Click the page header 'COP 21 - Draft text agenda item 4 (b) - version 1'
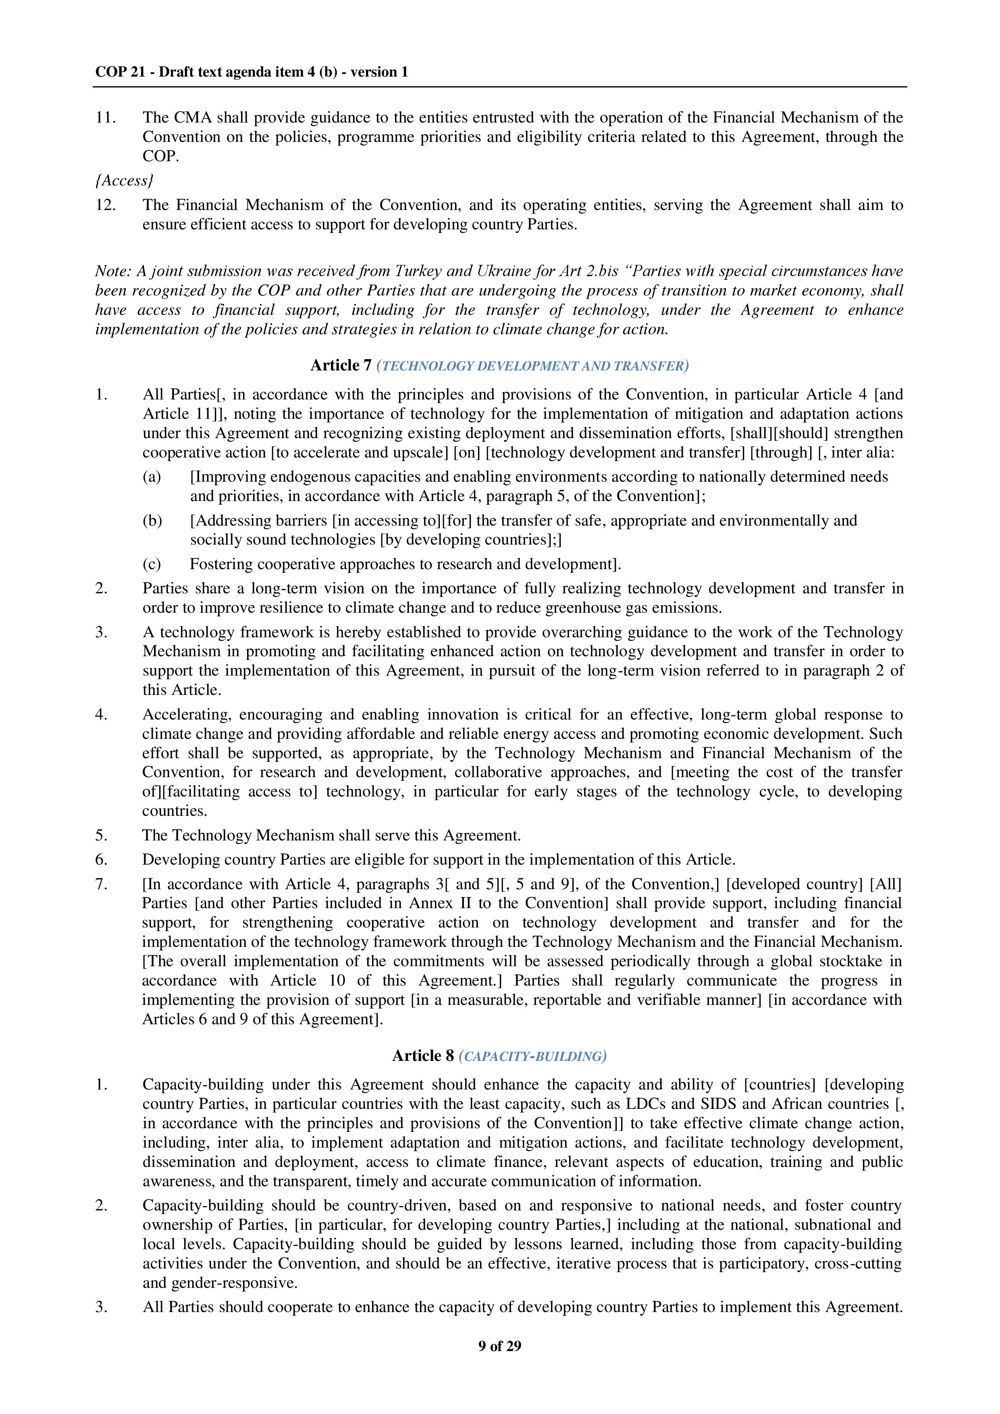tap(251, 72)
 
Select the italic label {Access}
tap(124, 181)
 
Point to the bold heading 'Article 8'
tap(423, 1056)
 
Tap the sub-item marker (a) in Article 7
tap(152, 477)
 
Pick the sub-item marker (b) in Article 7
tap(152, 520)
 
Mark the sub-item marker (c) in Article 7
tap(152, 564)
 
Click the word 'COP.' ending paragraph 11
tap(161, 156)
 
